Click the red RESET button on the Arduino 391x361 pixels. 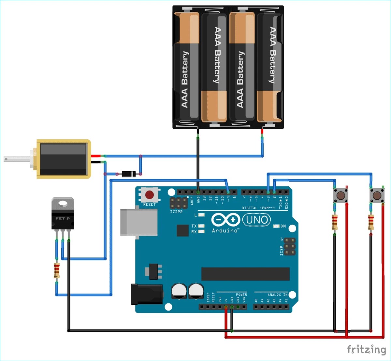point(150,195)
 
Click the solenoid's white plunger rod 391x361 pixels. point(16,159)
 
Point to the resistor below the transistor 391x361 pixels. point(57,271)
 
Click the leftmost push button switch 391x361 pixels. point(340,196)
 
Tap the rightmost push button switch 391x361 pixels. point(377,196)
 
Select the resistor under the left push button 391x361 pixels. point(335,222)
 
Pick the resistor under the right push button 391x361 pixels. point(371,222)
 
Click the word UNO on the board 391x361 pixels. point(257,220)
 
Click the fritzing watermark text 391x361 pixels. point(366,350)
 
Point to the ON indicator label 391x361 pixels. point(283,226)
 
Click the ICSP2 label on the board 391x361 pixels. point(176,212)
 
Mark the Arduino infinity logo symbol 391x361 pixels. point(225,220)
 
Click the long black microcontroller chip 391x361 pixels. point(245,274)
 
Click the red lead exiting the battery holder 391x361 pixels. point(262,133)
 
